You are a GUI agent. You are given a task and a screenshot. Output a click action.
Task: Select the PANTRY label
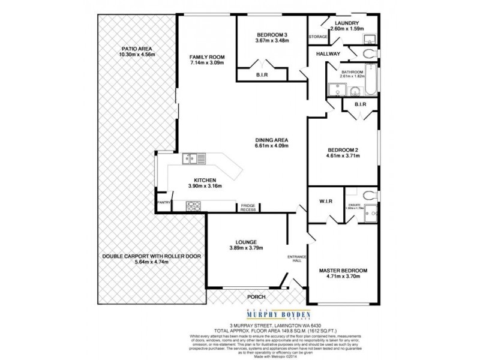[163, 202]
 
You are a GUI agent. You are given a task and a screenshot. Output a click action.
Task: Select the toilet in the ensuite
[368, 195]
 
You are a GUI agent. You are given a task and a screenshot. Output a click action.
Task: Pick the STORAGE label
[318, 37]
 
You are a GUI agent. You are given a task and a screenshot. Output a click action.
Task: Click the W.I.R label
[327, 200]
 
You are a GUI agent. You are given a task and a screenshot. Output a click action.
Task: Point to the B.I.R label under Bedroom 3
[262, 75]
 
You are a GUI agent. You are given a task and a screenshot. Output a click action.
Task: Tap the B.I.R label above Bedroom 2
[360, 104]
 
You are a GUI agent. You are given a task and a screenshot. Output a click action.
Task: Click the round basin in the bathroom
[355, 92]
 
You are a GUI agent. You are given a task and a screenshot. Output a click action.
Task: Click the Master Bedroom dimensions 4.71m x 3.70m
[343, 278]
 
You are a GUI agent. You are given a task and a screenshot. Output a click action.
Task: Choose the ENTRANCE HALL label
[297, 259]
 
